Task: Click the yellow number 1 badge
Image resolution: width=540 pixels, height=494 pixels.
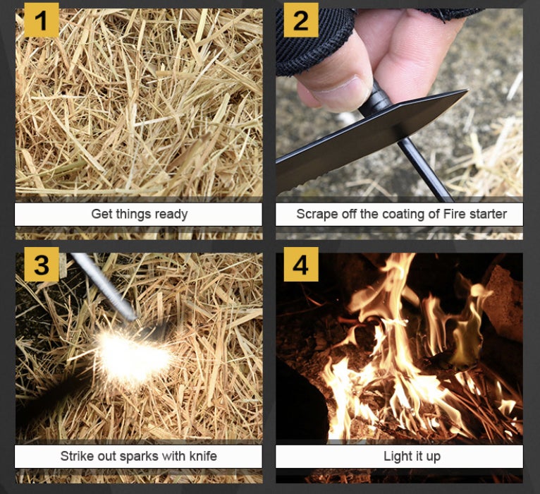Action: pos(42,20)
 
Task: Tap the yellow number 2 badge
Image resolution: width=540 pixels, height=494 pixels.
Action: pos(300,20)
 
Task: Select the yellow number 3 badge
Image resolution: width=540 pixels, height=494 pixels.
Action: pos(42,264)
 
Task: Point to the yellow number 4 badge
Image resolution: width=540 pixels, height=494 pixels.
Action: pos(300,264)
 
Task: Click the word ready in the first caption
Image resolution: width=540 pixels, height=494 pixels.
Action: pos(171,215)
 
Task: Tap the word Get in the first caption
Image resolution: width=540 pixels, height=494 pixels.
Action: pos(102,214)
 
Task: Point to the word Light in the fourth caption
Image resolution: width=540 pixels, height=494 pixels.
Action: pos(395,457)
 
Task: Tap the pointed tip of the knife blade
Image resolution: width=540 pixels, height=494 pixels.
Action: pos(468,90)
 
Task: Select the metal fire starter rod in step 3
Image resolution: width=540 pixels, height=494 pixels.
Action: pos(104,287)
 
